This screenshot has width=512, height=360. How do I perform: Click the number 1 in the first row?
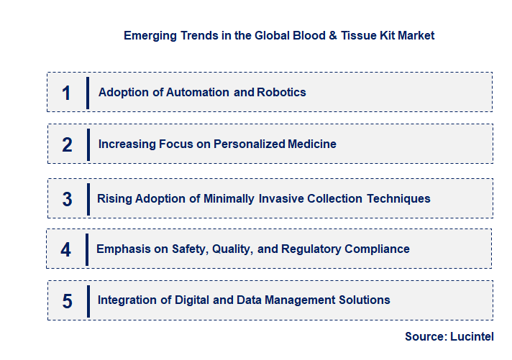pyautogui.click(x=67, y=93)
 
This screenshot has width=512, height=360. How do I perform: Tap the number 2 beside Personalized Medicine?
pyautogui.click(x=67, y=144)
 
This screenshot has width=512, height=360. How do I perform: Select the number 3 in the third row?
pyautogui.click(x=67, y=199)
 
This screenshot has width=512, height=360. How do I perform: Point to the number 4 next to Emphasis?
pyautogui.click(x=66, y=249)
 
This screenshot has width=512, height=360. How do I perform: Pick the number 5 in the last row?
pyautogui.click(x=67, y=301)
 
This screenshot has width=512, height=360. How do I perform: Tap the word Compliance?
pyautogui.click(x=378, y=249)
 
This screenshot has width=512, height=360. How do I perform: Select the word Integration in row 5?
pyautogui.click(x=127, y=300)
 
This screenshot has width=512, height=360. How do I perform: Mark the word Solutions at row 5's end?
pyautogui.click(x=365, y=300)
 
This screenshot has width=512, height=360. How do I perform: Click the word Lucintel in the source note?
pyautogui.click(x=472, y=336)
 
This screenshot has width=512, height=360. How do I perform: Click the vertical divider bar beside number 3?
pyautogui.click(x=87, y=198)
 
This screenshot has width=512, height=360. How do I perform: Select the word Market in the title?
pyautogui.click(x=416, y=34)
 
